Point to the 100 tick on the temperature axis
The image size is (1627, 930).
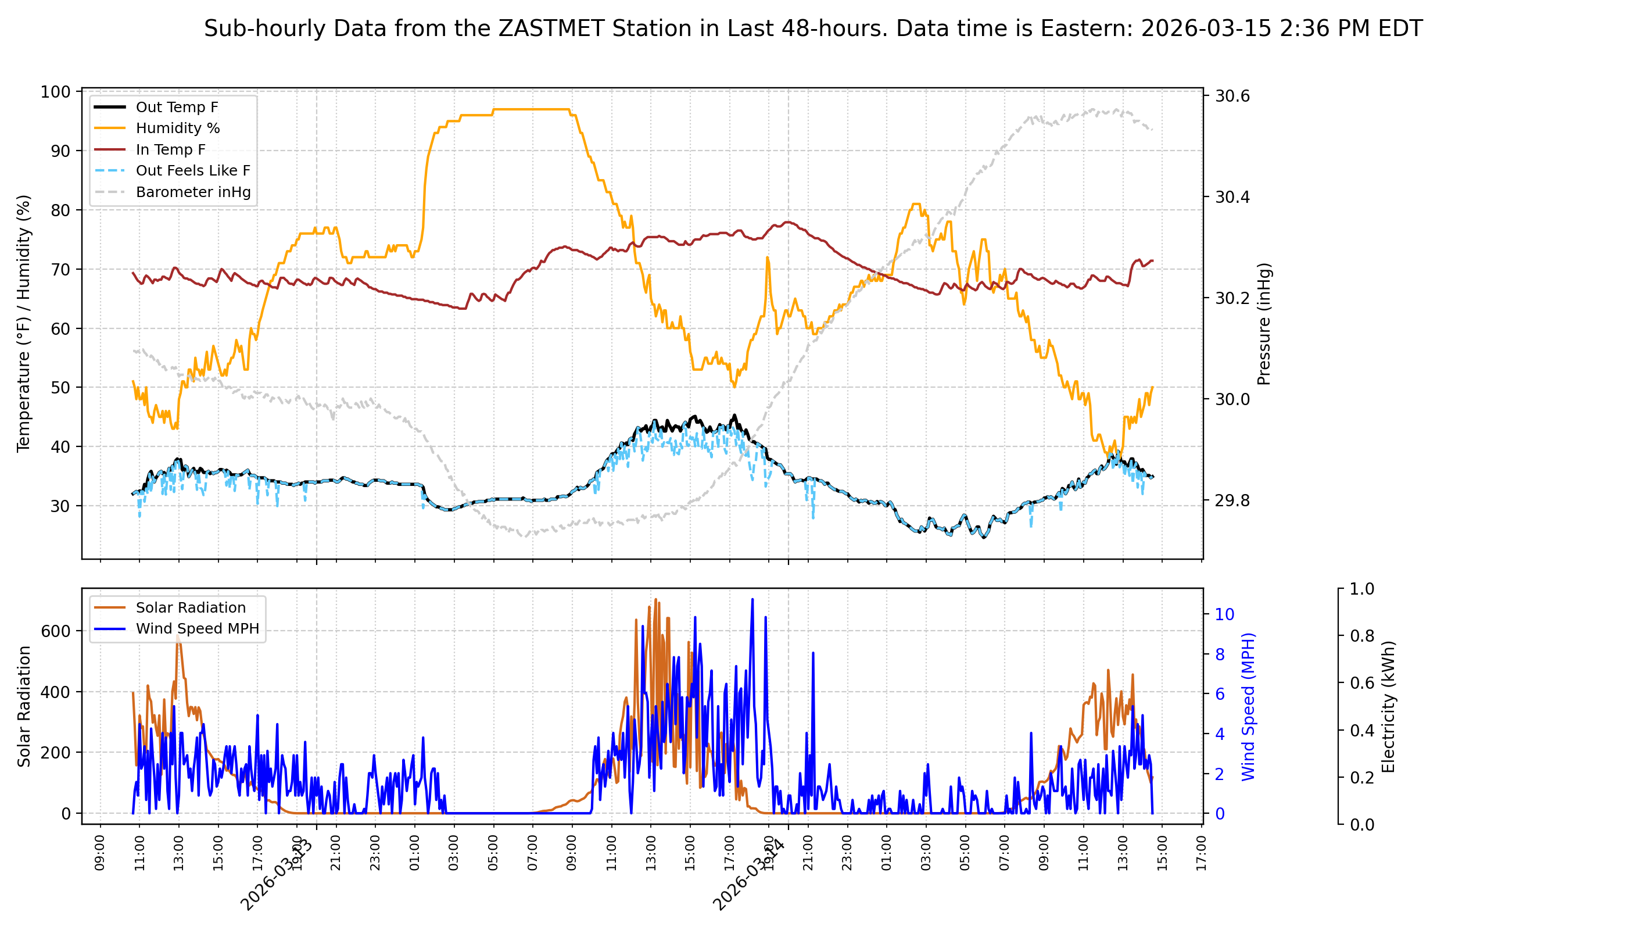pyautogui.click(x=56, y=92)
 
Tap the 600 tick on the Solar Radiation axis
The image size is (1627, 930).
pyautogui.click(x=57, y=631)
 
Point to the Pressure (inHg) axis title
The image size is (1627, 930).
pyautogui.click(x=1264, y=324)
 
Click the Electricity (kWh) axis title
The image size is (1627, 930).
pyautogui.click(x=1388, y=706)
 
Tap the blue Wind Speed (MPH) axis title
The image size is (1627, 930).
pyautogui.click(x=1248, y=706)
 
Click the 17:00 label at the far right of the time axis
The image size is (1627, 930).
pyautogui.click(x=1201, y=853)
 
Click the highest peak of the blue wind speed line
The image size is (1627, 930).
pyautogui.click(x=752, y=599)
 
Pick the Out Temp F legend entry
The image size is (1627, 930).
pyautogui.click(x=177, y=108)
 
